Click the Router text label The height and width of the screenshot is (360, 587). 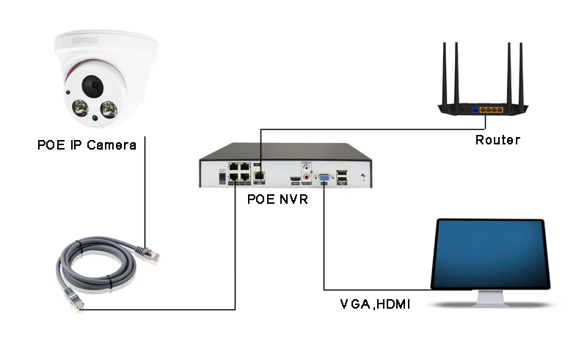[x=497, y=140]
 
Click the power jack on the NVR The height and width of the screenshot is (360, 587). [x=221, y=177]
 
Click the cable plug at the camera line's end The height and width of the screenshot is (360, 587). [x=150, y=253]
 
